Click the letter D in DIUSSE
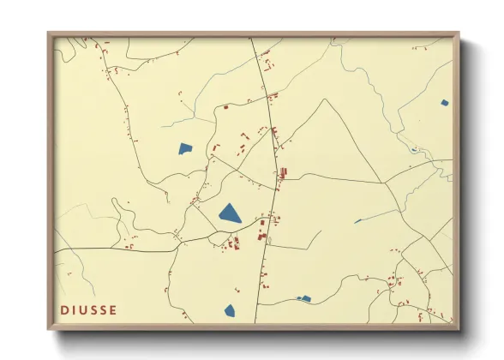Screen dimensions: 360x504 click(x=64, y=309)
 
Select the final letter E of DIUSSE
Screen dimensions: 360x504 click(x=114, y=309)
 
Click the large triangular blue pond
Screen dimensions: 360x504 click(x=230, y=213)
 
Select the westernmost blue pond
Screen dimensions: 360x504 click(x=185, y=148)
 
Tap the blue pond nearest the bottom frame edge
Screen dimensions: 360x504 click(x=229, y=311)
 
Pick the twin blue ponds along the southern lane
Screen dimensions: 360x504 click(x=303, y=299)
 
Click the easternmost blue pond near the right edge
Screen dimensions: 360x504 click(x=444, y=103)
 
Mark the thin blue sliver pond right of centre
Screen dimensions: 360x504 click(x=357, y=221)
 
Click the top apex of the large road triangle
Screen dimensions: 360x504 click(x=324, y=99)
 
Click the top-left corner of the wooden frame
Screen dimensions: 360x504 click(x=48, y=33)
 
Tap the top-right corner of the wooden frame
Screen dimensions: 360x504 click(x=459, y=33)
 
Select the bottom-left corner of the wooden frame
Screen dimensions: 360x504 click(x=48, y=330)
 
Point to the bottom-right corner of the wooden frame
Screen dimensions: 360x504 click(x=459, y=330)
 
